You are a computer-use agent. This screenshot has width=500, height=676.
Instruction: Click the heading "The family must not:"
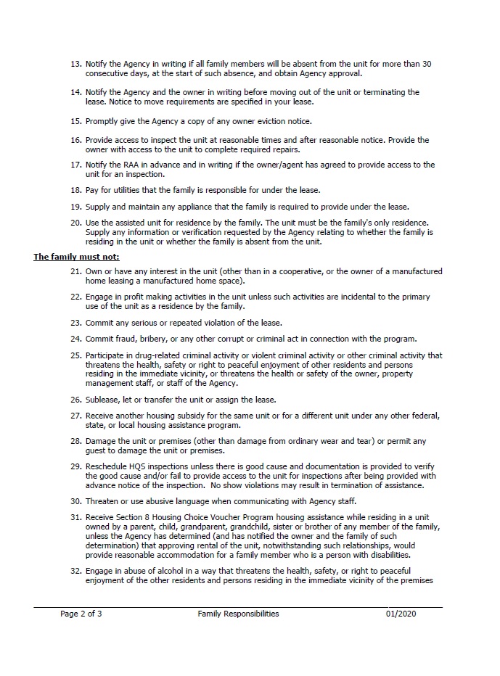coord(76,257)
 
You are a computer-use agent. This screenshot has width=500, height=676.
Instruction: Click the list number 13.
coord(75,64)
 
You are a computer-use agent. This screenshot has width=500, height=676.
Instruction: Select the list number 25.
coord(75,355)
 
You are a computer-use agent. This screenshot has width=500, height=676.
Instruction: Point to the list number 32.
coord(75,571)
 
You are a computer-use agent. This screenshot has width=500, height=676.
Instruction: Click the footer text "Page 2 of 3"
coord(81,614)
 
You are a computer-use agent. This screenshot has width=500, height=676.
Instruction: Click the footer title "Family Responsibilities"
coord(238,614)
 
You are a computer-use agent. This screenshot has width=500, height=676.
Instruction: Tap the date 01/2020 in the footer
coord(401,614)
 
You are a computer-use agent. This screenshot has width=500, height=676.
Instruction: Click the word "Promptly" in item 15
coord(103,120)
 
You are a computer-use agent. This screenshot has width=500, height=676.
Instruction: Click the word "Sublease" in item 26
coord(103,400)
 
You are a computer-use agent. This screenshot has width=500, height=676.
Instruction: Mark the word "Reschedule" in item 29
coord(107,461)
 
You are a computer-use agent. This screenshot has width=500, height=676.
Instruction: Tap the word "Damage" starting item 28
coord(102,440)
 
